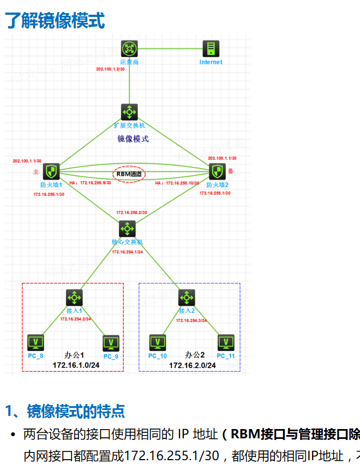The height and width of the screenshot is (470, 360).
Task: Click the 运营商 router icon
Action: pyautogui.click(x=129, y=49)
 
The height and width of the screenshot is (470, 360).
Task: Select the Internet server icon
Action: pyautogui.click(x=211, y=49)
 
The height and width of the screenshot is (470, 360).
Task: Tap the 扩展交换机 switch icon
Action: pyautogui.click(x=129, y=112)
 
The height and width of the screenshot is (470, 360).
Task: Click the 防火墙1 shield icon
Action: pyautogui.click(x=51, y=172)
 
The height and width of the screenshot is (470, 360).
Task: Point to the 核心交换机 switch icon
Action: pyautogui.click(x=128, y=228)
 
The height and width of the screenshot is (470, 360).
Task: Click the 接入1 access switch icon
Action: pyautogui.click(x=74, y=298)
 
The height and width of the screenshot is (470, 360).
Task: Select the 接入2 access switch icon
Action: pyautogui.click(x=187, y=298)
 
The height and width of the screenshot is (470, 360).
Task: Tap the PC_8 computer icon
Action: pyautogui.click(x=36, y=343)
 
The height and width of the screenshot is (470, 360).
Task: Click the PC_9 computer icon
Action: pyautogui.click(x=111, y=343)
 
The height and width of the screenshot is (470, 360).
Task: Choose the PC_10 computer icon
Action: pyautogui.click(x=158, y=343)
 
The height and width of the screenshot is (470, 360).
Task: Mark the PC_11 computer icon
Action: pyautogui.click(x=226, y=343)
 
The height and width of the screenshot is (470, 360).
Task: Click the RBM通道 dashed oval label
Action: pyautogui.click(x=129, y=174)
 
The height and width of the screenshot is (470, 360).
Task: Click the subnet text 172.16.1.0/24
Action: pyautogui.click(x=76, y=364)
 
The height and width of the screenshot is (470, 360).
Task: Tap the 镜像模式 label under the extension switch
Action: pyautogui.click(x=133, y=139)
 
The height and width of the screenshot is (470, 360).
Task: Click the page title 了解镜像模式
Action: pyautogui.click(x=55, y=21)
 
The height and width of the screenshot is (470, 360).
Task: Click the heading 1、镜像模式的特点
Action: pyautogui.click(x=65, y=410)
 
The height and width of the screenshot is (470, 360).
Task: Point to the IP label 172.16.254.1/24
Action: pyautogui.click(x=127, y=252)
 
